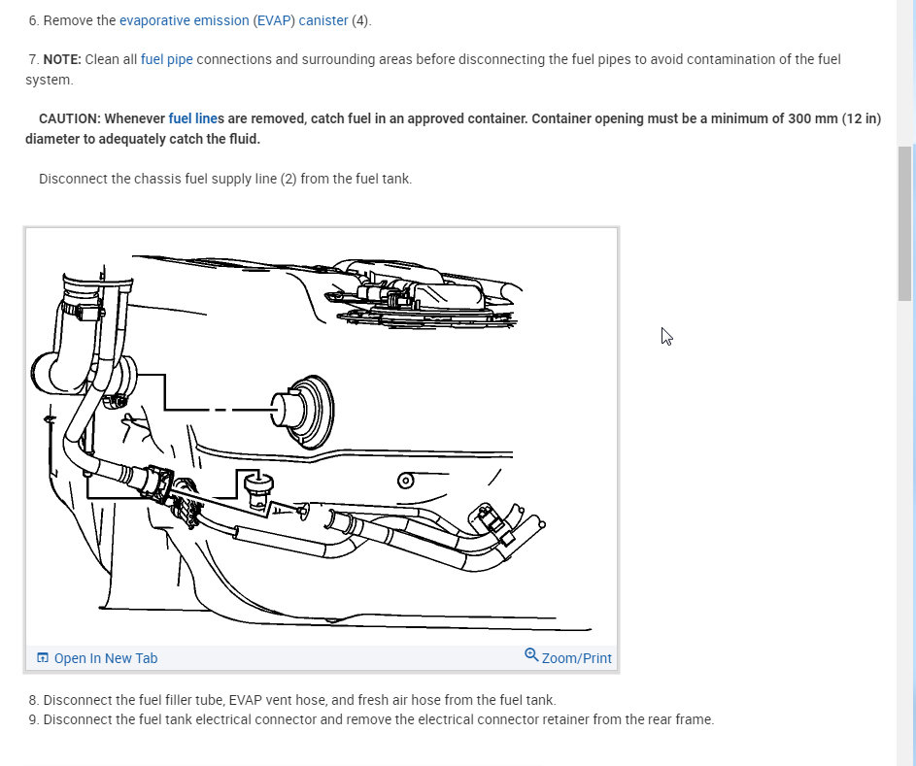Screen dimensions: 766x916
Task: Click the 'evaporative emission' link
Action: click(x=184, y=20)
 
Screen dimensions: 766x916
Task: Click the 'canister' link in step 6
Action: click(x=323, y=20)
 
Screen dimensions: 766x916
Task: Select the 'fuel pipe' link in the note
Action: click(x=167, y=59)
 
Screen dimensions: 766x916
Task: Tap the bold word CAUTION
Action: click(x=69, y=118)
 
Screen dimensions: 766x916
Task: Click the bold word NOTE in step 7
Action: click(x=61, y=59)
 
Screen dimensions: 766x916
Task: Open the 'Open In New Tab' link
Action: click(x=105, y=658)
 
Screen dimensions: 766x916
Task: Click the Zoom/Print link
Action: click(x=576, y=658)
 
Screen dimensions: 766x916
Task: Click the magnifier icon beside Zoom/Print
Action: click(x=531, y=655)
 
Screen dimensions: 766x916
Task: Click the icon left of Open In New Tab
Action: click(x=43, y=658)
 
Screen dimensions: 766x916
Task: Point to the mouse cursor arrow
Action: click(x=666, y=336)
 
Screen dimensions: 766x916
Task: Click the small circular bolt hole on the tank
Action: click(x=406, y=481)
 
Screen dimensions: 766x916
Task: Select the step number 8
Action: click(x=33, y=700)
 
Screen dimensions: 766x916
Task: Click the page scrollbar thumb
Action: click(x=904, y=223)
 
